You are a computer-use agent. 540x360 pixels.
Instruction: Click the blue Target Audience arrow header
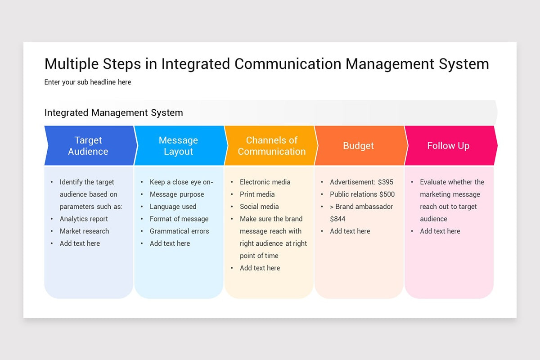point(88,146)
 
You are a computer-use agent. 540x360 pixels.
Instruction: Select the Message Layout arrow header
point(178,146)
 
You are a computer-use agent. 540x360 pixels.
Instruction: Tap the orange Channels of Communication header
point(271,146)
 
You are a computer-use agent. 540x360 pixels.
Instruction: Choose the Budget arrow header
point(358,146)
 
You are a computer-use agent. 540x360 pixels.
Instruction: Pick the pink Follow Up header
point(448,146)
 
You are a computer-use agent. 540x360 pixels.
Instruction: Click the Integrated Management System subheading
point(113,112)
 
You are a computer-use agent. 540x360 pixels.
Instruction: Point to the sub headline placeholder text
point(88,82)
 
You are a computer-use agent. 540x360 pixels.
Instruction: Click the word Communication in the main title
point(288,64)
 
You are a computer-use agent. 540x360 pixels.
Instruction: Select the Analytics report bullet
point(84,219)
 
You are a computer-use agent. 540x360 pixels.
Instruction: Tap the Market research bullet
point(84,231)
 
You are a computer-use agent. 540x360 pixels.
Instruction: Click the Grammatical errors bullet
point(179,231)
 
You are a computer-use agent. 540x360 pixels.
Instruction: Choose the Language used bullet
point(173,207)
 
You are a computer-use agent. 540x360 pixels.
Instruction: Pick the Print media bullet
point(257,194)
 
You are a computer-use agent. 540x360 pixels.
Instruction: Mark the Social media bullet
point(259,207)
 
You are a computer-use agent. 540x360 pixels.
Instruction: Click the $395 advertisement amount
point(386,182)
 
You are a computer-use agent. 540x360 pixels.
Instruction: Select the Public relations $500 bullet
point(362,194)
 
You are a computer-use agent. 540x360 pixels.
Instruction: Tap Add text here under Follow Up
point(440,231)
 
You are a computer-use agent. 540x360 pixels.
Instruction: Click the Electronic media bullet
point(265,182)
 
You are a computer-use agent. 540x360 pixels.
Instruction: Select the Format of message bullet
point(179,219)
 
